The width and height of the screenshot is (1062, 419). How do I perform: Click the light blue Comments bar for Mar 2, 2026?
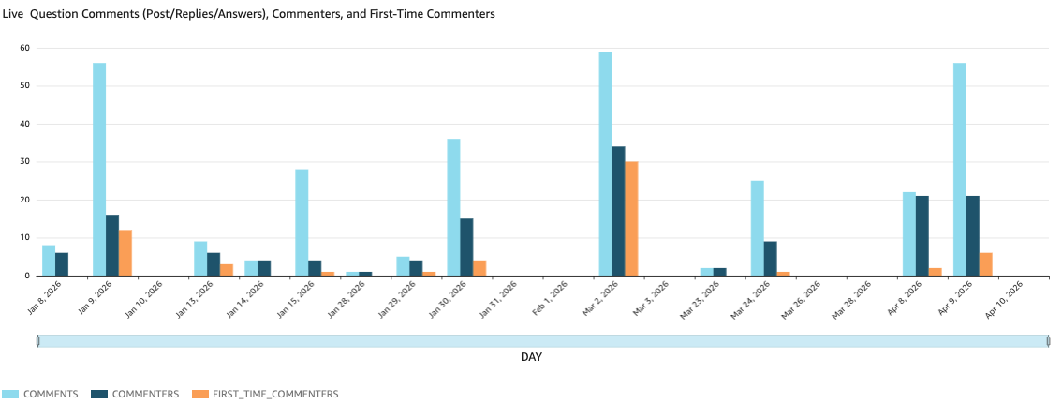click(x=605, y=164)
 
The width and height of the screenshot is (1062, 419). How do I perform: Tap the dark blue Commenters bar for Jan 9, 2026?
click(x=112, y=246)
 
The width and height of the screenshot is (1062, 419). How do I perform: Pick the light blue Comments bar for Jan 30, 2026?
click(x=453, y=207)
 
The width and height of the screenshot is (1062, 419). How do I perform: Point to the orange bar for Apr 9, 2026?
click(x=985, y=264)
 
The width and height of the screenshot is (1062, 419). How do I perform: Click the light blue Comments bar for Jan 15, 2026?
click(x=302, y=223)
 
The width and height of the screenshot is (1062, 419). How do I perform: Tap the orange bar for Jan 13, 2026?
click(x=227, y=270)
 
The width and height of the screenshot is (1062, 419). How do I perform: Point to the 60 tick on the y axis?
click(x=25, y=48)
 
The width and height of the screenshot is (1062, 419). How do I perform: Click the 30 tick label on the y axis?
click(x=25, y=162)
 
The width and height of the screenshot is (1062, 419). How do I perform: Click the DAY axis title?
click(x=531, y=357)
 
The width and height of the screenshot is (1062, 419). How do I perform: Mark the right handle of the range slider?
click(x=1048, y=341)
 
